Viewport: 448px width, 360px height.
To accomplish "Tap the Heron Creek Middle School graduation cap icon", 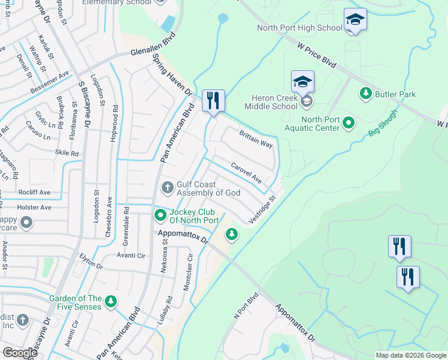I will point(303,81).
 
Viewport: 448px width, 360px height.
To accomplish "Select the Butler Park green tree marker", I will point(365,94).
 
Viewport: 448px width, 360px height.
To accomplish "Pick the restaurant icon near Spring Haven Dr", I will point(213,100).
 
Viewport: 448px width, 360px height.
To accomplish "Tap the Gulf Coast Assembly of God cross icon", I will point(167,188).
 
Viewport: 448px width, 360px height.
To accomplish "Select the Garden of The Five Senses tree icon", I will point(110,302).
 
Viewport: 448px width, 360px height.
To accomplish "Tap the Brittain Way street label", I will point(256,140).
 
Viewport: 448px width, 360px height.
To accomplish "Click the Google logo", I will point(20,353).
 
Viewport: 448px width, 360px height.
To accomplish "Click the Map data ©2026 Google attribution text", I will point(410,355).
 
